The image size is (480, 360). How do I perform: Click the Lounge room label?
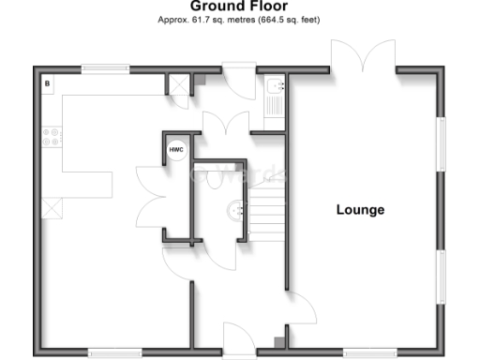pos(360,209)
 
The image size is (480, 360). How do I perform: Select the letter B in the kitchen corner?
pos(46,83)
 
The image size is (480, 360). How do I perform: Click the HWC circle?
pos(175,150)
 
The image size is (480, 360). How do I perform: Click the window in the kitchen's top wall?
pos(104,67)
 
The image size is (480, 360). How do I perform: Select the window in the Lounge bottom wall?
pos(369,353)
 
